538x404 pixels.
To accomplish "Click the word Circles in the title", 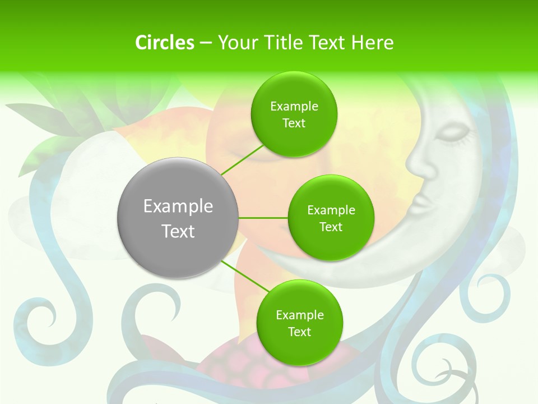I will pyautogui.click(x=164, y=43).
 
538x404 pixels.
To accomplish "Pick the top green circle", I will pyautogui.click(x=294, y=114).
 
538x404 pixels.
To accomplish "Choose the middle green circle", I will pyautogui.click(x=331, y=218).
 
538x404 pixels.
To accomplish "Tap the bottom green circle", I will pyautogui.click(x=299, y=323).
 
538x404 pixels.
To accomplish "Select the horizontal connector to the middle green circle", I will pyautogui.click(x=263, y=218).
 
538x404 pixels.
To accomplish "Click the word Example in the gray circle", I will pyautogui.click(x=178, y=206).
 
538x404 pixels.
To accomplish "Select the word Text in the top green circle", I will pyautogui.click(x=294, y=123).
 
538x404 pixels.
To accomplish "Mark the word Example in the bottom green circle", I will pyautogui.click(x=299, y=315).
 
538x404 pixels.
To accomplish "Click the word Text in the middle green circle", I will pyautogui.click(x=331, y=227).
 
